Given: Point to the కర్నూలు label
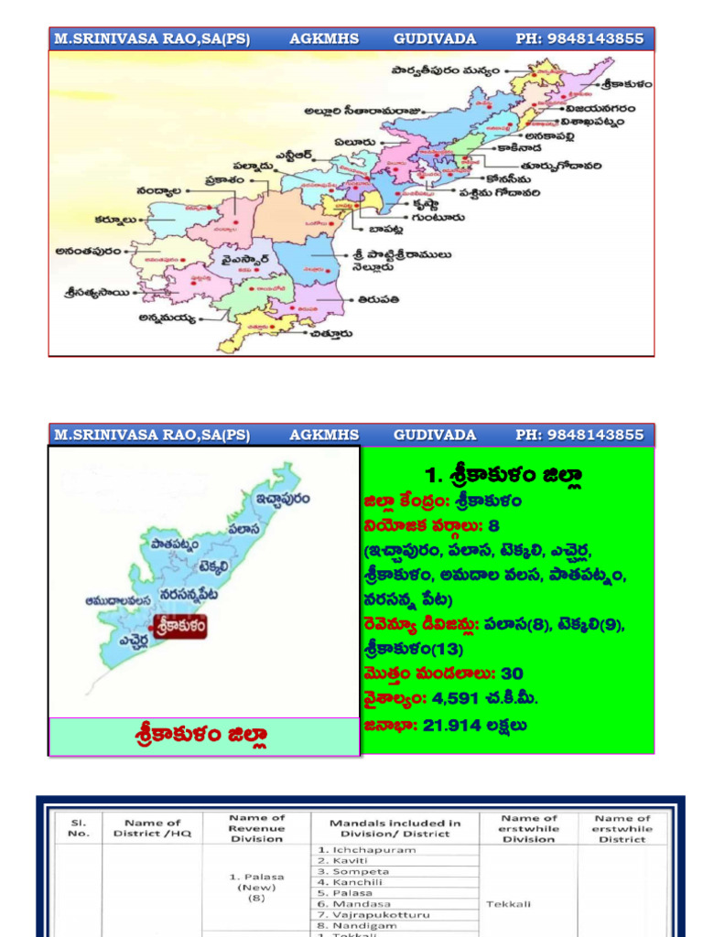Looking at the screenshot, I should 116,220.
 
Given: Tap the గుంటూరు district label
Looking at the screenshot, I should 438,218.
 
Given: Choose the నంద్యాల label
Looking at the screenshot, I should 158,190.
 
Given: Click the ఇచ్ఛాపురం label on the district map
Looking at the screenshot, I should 281,499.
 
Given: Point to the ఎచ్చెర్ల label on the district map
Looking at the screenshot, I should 127,640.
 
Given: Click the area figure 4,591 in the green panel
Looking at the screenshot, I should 455,698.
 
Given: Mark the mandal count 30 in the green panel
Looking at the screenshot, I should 513,673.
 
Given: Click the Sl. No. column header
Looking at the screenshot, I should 78,828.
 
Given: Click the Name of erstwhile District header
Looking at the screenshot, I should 622,828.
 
